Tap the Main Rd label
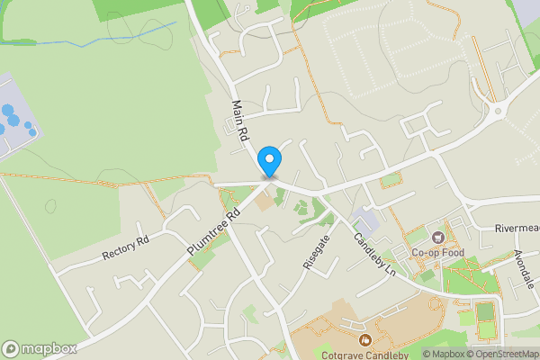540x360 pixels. [x=240, y=123]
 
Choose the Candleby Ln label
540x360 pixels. [x=374, y=254]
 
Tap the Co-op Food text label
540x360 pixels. [x=437, y=254]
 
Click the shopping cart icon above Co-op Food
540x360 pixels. [x=438, y=238]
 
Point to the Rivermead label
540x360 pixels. [x=517, y=229]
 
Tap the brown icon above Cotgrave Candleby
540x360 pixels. [x=365, y=339]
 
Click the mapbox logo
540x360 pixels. [x=40, y=348]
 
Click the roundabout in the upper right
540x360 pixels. [x=496, y=113]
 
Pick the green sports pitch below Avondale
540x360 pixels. [x=485, y=313]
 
